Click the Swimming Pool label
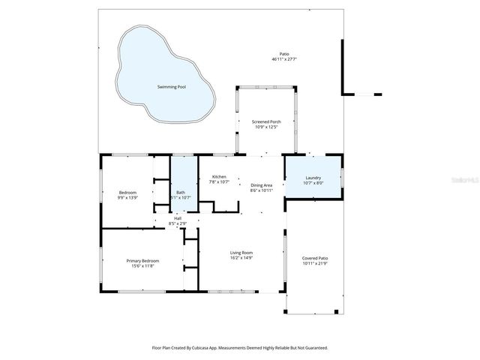pos(172,87)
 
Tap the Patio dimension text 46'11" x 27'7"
pos(284,59)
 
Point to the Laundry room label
pos(313,178)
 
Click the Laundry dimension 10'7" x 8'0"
pos(313,183)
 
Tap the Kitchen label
pos(219,177)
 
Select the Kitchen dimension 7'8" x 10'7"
pos(219,182)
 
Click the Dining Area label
pos(262,185)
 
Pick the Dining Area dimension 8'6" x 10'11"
pos(262,190)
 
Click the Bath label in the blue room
pos(181,193)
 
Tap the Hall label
pos(178,218)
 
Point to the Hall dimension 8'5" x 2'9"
pos(178,223)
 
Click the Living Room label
pos(241,253)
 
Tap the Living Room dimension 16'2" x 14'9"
pos(241,258)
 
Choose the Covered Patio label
pos(315,258)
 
